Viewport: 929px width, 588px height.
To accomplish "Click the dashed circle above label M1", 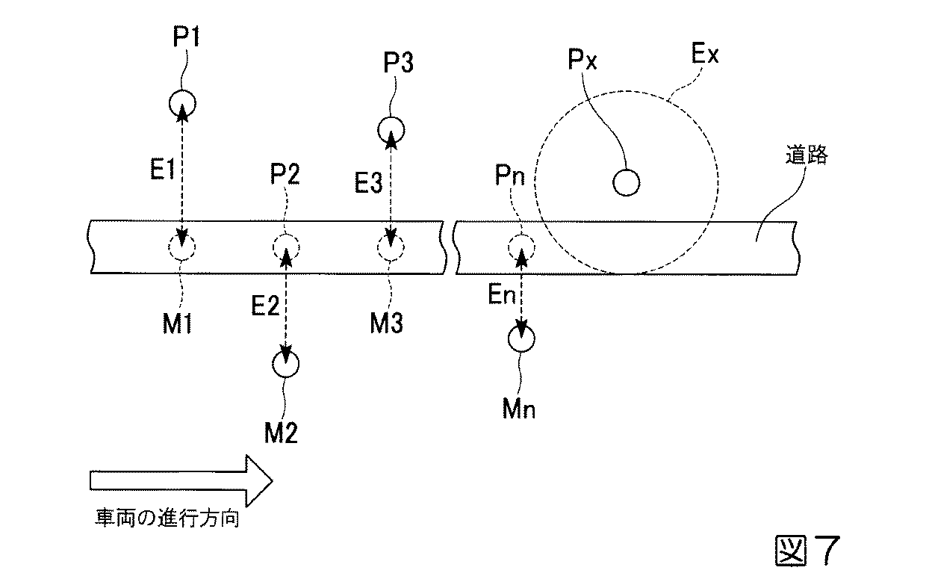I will click(x=181, y=246).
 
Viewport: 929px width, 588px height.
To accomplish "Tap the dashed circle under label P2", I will click(x=285, y=246).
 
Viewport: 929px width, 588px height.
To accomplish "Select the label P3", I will click(x=397, y=64).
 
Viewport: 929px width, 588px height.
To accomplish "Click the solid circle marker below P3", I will click(x=391, y=130).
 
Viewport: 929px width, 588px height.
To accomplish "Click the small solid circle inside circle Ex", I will click(x=626, y=181).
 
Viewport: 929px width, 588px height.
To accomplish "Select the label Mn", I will click(x=519, y=409).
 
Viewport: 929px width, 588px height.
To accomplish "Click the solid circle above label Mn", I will click(x=521, y=338).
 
